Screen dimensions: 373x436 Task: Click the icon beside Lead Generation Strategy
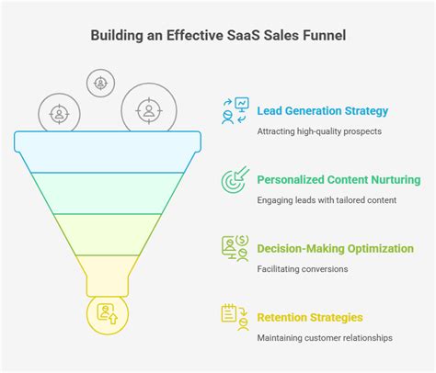(x=234, y=111)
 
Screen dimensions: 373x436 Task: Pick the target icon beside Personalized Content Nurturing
(x=234, y=178)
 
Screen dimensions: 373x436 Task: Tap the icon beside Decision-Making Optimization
(x=235, y=247)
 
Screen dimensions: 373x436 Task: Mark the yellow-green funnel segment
(x=109, y=232)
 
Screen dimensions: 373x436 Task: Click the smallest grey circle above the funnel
(x=100, y=83)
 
